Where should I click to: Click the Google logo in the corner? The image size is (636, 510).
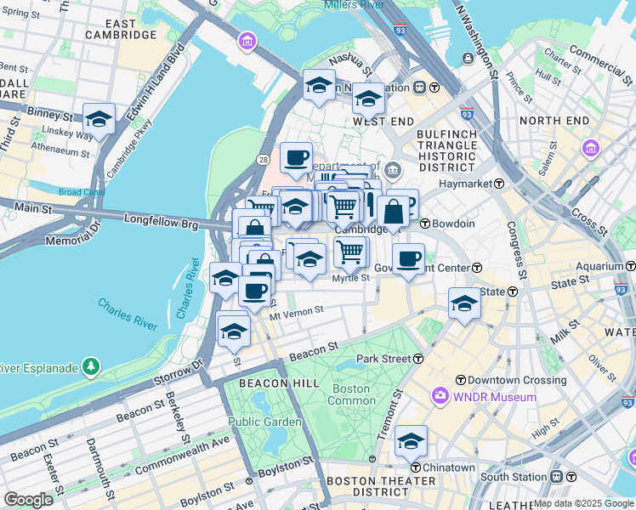(28, 499)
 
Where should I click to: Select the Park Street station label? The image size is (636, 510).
(383, 359)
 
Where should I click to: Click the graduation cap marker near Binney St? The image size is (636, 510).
(99, 120)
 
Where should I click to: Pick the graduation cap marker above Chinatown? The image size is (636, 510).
(411, 442)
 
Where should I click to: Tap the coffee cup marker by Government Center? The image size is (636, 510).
(409, 259)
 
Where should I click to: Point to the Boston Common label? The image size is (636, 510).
(350, 394)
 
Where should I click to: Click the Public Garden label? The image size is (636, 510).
(264, 422)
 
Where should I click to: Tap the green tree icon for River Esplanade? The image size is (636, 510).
(90, 367)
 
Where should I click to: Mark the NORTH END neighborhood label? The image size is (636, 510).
(554, 121)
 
